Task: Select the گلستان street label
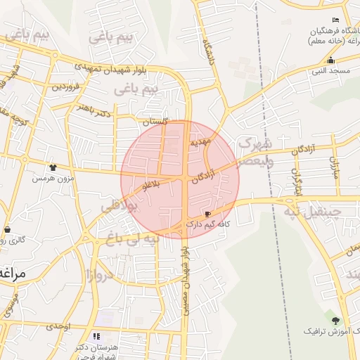tap(155, 122)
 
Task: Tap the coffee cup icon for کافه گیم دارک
tap(207, 214)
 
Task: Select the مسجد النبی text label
tap(331, 71)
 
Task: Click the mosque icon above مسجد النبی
tap(330, 60)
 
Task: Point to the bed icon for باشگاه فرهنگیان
tap(335, 20)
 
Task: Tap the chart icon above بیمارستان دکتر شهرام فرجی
tap(97, 337)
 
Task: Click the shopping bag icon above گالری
tap(7, 229)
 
